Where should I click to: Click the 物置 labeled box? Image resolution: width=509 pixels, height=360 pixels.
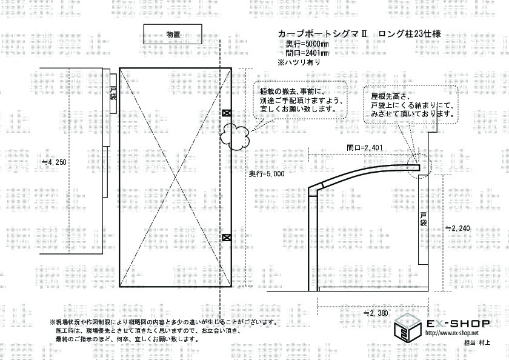point(173,34)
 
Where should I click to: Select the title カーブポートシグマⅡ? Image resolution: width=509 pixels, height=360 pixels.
point(321,34)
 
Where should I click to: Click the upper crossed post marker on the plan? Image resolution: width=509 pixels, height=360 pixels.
point(227,113)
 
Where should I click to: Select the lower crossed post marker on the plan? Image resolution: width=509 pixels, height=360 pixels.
point(227,238)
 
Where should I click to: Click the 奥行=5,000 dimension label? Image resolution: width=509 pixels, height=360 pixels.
point(267,174)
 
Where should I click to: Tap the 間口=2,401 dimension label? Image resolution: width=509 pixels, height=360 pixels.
point(363,147)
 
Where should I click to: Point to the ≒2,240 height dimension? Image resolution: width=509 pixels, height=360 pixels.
point(458,228)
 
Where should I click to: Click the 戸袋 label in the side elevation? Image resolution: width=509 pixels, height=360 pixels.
point(424,218)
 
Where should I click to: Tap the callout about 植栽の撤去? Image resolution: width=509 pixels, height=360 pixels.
point(298,101)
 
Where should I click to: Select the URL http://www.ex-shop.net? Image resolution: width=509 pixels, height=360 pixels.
point(451,334)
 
